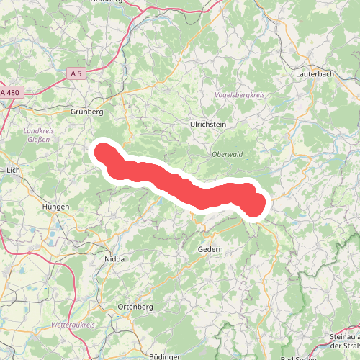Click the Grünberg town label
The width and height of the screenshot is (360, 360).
[x=88, y=112]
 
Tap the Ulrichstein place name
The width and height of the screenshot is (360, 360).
[x=208, y=125]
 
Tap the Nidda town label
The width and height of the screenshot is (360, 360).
[x=114, y=258]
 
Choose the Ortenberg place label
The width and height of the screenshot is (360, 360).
[x=135, y=307]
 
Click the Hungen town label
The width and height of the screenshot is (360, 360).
[x=55, y=207]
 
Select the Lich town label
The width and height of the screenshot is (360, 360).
[x=13, y=171]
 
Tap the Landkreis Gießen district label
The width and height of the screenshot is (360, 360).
[x=35, y=136]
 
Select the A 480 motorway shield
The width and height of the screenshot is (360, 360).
[x=10, y=92]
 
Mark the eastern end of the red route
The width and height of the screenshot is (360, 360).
[x=256, y=206]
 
